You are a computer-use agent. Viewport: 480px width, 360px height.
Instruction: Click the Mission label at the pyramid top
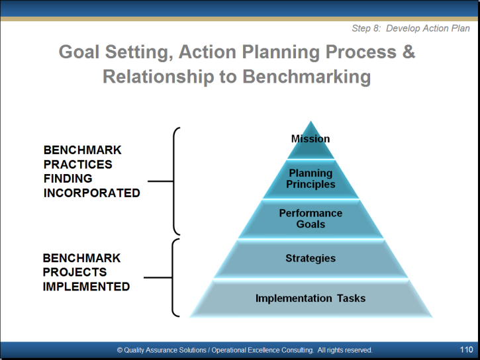(311, 139)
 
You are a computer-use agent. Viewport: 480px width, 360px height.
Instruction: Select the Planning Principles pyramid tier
(311, 179)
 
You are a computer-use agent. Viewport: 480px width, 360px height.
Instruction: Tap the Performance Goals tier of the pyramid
(311, 218)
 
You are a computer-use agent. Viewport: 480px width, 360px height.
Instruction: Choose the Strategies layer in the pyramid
(311, 259)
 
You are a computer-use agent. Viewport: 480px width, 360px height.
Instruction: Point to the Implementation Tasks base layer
(311, 298)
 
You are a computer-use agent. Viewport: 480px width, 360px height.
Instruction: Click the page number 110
(466, 349)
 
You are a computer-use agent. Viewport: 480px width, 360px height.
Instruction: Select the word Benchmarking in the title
(307, 77)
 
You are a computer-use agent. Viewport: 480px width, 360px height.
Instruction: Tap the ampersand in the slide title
(408, 52)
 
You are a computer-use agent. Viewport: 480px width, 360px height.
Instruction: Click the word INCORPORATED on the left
(92, 193)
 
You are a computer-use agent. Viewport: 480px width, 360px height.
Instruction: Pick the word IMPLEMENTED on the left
(86, 287)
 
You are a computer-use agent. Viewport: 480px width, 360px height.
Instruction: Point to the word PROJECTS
(75, 272)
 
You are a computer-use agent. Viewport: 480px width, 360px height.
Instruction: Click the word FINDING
(68, 179)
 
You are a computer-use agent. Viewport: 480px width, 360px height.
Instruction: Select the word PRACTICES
(78, 165)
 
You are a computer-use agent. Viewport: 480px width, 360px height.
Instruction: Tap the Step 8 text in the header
(366, 28)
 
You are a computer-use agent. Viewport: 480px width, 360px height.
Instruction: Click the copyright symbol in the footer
(120, 350)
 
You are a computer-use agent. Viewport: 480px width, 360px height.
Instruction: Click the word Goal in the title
(79, 52)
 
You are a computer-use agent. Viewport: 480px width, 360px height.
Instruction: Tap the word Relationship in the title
(158, 77)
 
